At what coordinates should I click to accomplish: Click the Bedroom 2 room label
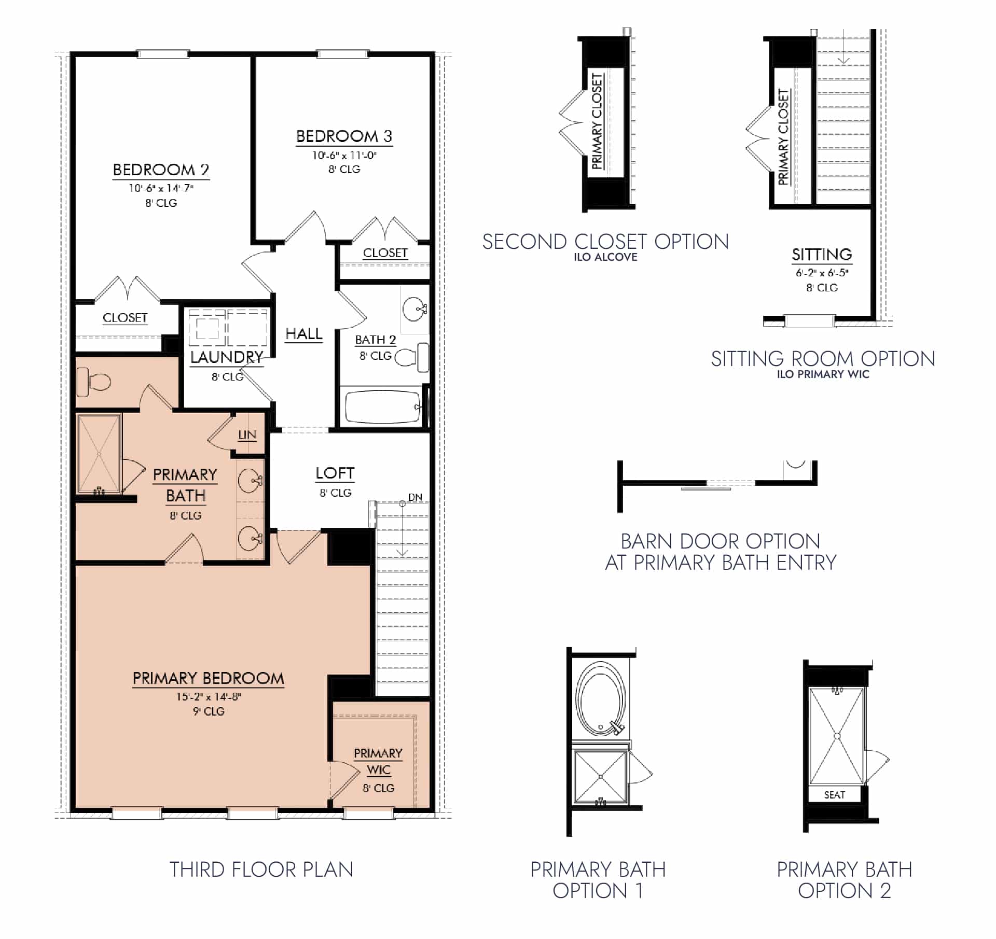coord(161,170)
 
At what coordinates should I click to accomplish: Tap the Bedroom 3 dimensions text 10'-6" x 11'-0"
coord(344,155)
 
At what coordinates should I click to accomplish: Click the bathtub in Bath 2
coord(382,407)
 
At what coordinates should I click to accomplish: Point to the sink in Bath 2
coord(414,309)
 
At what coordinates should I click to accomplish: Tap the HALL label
coord(303,334)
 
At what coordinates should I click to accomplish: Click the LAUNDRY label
coord(226,357)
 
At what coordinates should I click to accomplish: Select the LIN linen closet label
coord(247,435)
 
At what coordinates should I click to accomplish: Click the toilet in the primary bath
coord(94,383)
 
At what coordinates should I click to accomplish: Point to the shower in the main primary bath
coord(99,453)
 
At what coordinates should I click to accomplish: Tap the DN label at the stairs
coord(415,497)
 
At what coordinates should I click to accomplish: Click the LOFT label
coord(335,473)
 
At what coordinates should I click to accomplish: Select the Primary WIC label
coord(378,761)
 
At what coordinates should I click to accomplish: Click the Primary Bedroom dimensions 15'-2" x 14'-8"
coord(209,696)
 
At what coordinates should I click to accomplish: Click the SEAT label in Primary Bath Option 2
coord(834,795)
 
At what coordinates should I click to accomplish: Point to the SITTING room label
coord(822,255)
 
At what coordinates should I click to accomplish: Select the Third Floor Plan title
coord(261,870)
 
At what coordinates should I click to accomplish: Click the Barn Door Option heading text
coord(721,552)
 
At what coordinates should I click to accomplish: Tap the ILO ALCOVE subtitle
coord(605,257)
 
